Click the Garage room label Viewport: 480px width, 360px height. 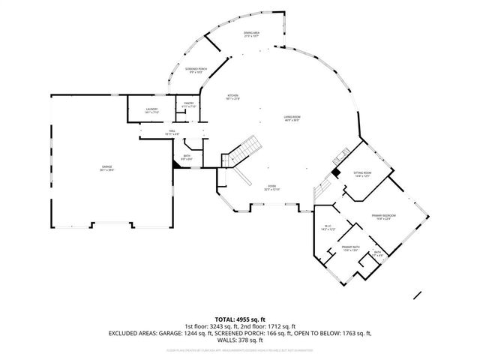click(x=97, y=167)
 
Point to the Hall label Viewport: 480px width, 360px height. click(x=161, y=131)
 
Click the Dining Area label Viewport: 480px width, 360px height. click(x=251, y=34)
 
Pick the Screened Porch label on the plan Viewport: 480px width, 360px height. click(x=196, y=70)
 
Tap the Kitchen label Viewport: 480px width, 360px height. click(x=233, y=97)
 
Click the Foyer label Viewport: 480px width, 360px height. click(x=271, y=188)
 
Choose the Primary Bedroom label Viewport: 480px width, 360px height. click(x=382, y=217)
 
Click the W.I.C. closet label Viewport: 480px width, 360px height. click(x=328, y=228)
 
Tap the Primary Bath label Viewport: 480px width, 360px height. click(x=347, y=248)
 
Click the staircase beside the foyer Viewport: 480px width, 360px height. click(x=241, y=154)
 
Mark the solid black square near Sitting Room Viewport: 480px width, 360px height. click(x=337, y=172)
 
